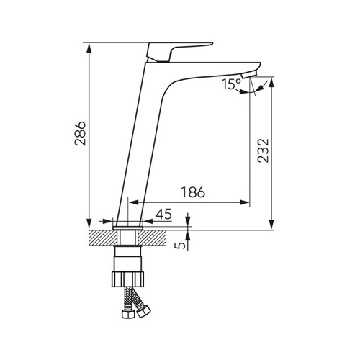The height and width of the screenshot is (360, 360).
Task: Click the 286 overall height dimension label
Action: tap(80, 134)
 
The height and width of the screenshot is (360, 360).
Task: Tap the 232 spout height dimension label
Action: tap(263, 150)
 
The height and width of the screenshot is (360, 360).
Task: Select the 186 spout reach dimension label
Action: tap(193, 192)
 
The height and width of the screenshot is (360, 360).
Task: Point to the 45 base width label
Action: tap(163, 214)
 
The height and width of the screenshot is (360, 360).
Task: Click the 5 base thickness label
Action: tap(181, 246)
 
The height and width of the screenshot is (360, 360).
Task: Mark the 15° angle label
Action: tap(231, 84)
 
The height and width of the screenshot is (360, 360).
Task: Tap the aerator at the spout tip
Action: tap(249, 74)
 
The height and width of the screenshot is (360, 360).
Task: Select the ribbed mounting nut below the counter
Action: tap(128, 279)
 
